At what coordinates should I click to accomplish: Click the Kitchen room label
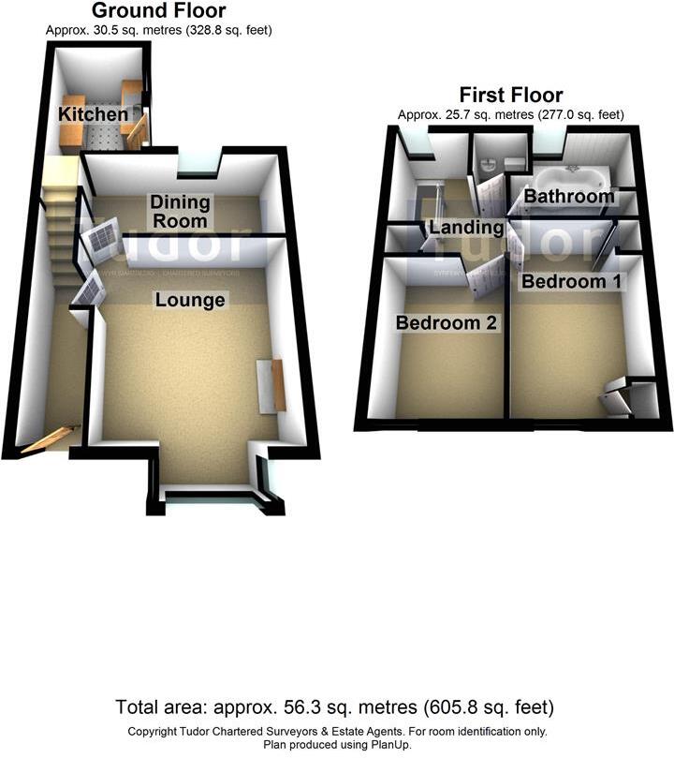[93, 114]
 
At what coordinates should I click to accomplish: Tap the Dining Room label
[181, 211]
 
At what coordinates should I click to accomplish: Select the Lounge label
[190, 300]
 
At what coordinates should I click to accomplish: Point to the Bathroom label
[569, 197]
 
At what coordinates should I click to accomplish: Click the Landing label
[466, 227]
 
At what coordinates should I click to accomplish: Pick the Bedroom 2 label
[446, 323]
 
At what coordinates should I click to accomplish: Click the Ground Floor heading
[158, 11]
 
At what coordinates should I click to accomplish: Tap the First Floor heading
[510, 95]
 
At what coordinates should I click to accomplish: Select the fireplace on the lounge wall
[271, 384]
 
